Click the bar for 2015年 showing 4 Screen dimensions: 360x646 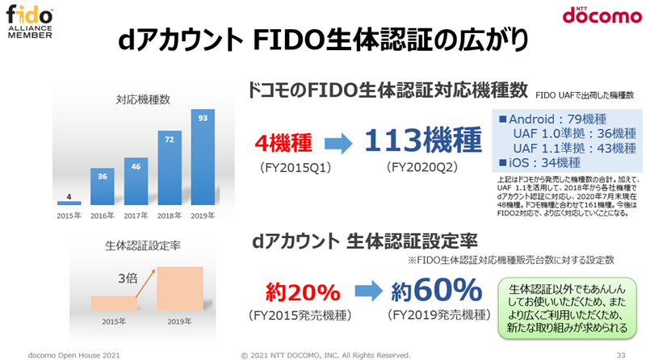click(69, 203)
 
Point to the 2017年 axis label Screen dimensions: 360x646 click(136, 216)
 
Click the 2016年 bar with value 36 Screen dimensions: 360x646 click(103, 186)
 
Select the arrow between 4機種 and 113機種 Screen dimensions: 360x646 click(337, 144)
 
